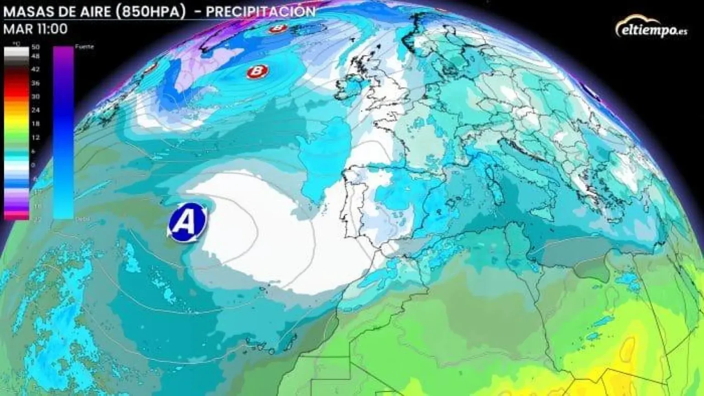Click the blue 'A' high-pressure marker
(187, 221)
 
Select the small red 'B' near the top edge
(277, 28)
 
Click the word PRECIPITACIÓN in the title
(261, 11)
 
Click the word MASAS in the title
(23, 11)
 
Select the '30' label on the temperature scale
(35, 97)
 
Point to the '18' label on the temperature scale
(35, 124)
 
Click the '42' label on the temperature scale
(35, 70)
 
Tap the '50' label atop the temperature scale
(35, 47)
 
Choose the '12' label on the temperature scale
(35, 137)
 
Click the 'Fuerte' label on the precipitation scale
(84, 47)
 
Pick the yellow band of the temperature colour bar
(16, 120)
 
